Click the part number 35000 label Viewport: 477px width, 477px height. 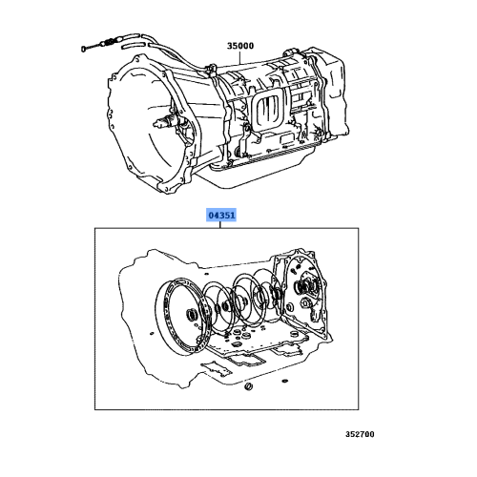(240, 44)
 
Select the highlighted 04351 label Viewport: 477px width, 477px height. (222, 217)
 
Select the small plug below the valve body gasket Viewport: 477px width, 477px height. (246, 393)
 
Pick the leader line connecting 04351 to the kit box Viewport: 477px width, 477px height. (223, 225)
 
